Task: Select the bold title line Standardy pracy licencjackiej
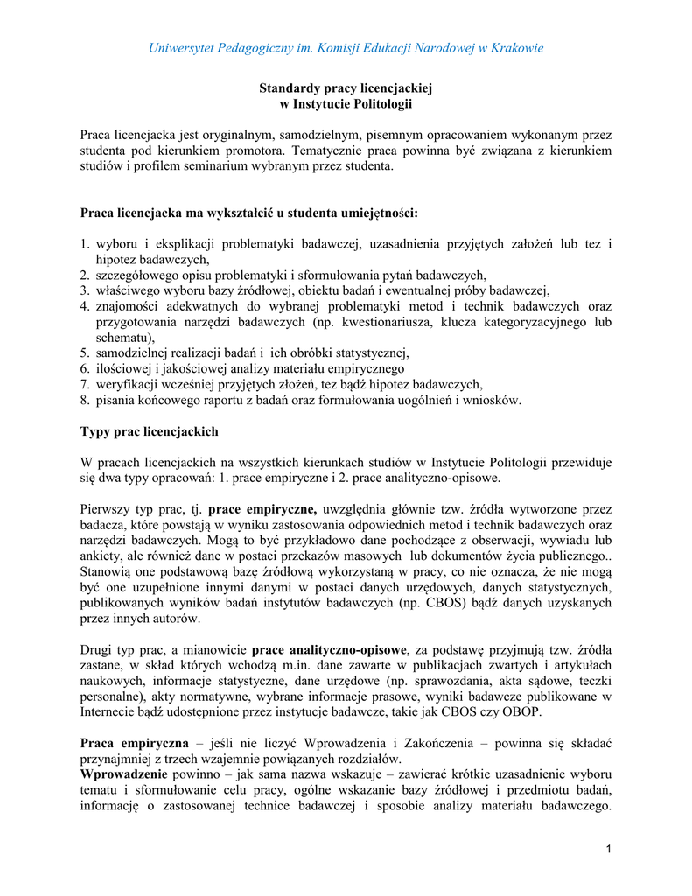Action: click(346, 88)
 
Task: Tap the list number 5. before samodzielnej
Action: click(86, 353)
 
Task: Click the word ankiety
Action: click(101, 556)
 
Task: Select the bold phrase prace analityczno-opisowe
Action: click(329, 649)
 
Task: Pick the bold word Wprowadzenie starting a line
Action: click(124, 774)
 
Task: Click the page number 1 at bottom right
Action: click(608, 850)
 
